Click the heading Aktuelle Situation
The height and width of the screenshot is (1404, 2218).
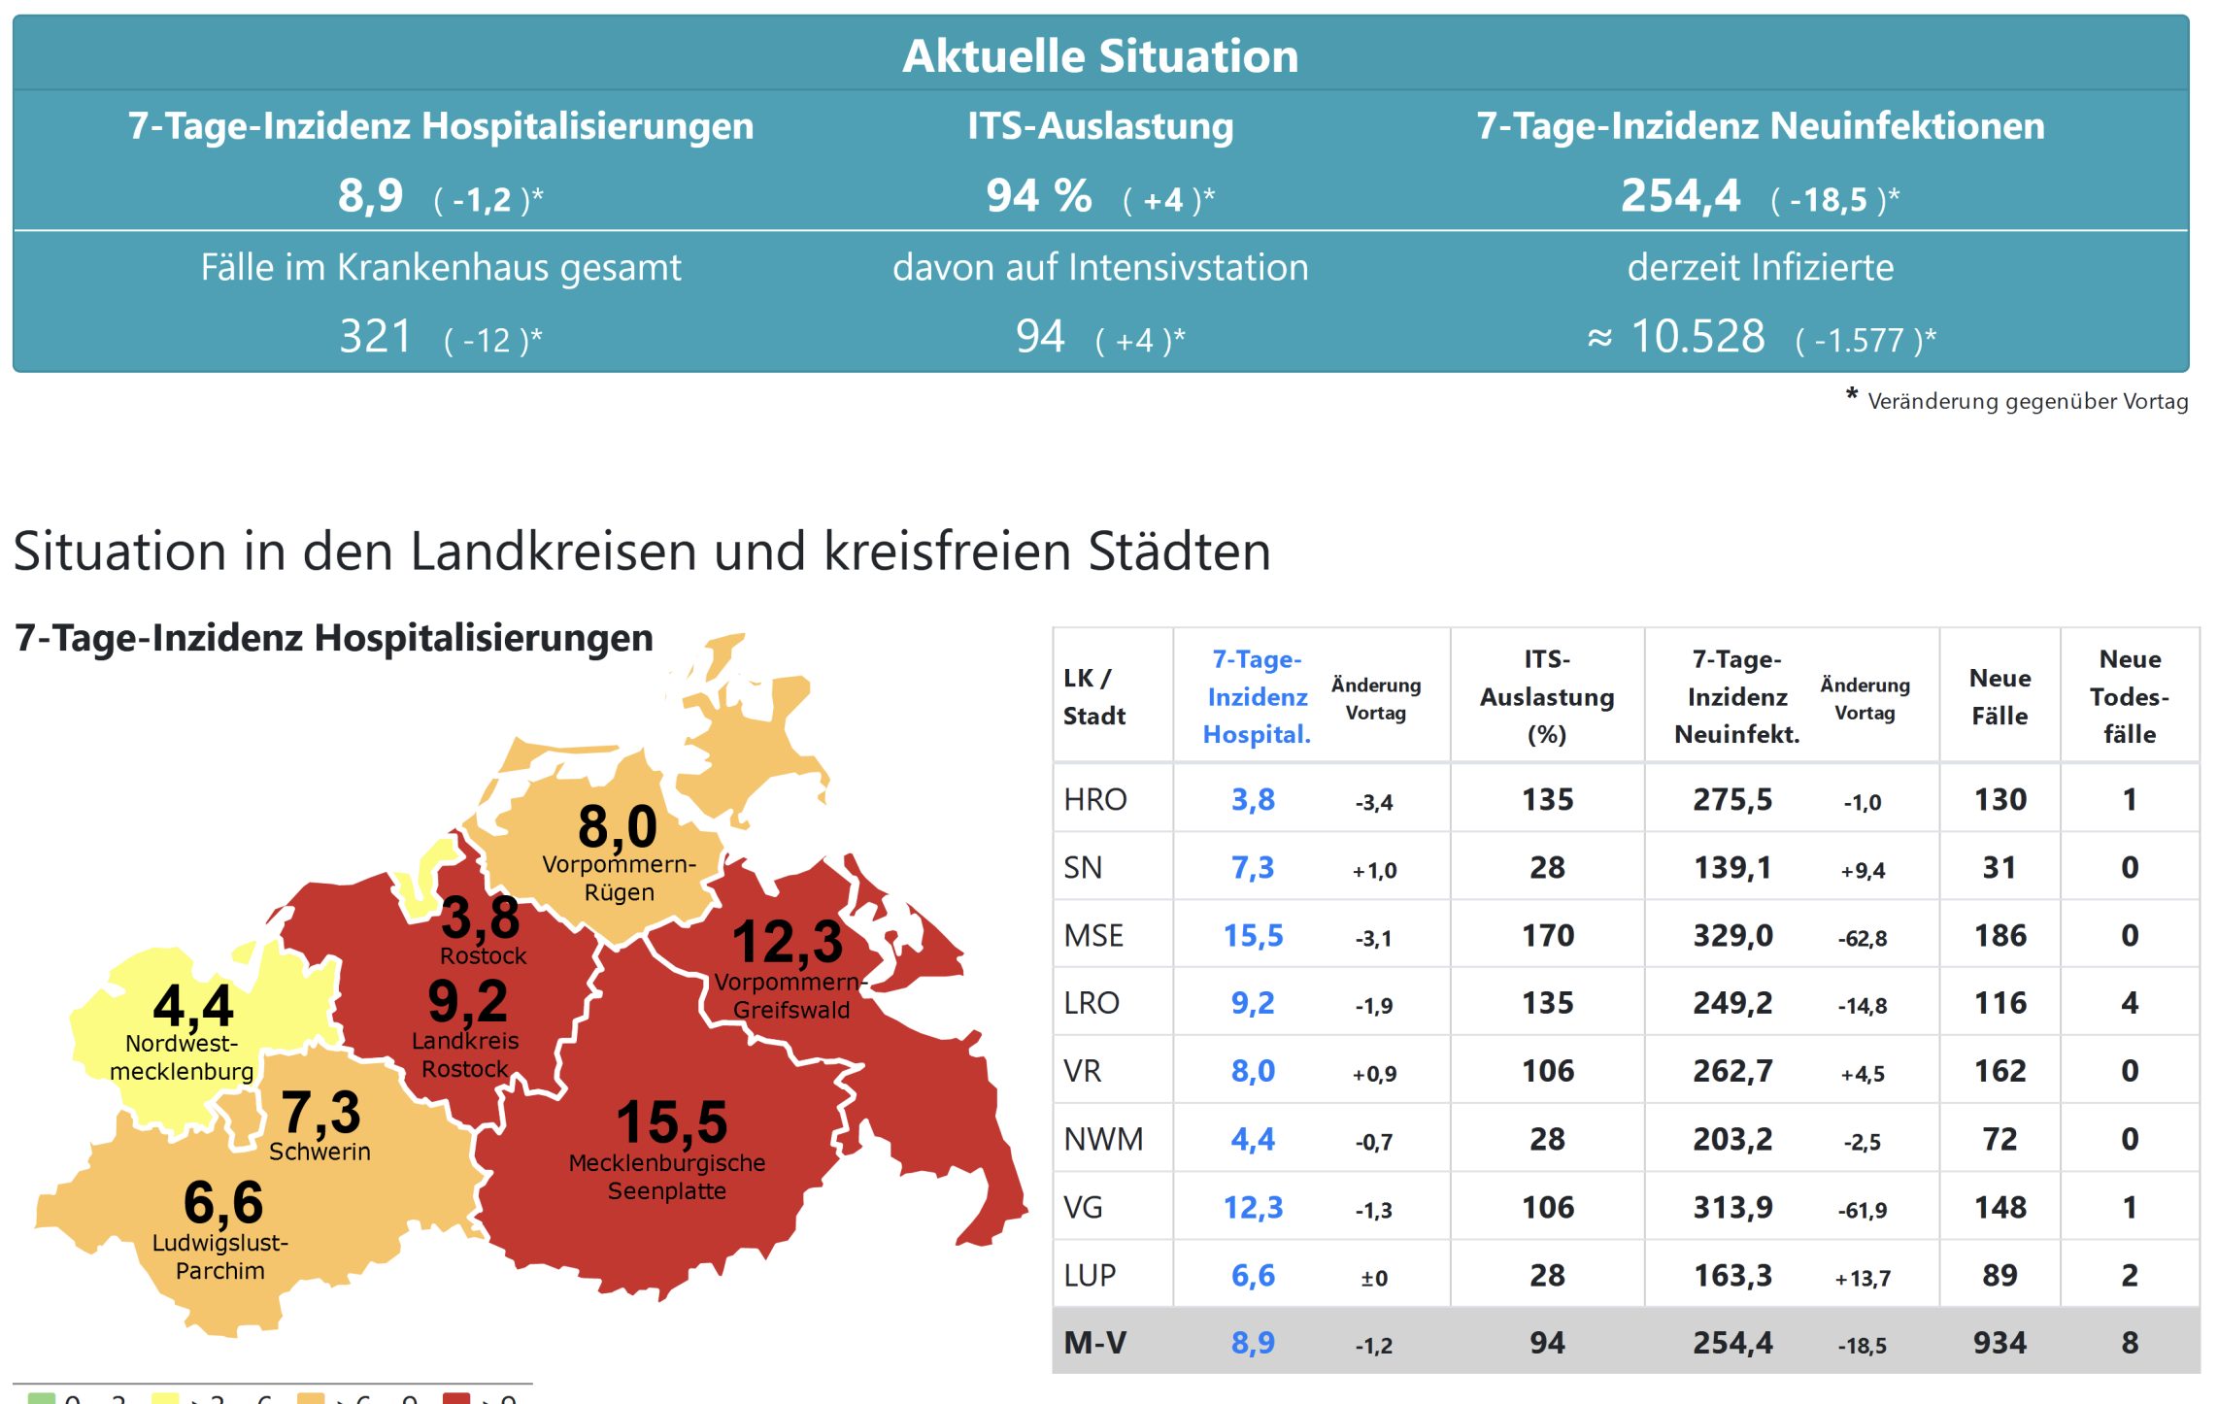[1100, 56]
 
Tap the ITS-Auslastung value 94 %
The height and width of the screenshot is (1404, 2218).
[1039, 196]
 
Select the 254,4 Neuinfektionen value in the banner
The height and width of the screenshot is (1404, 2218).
[1680, 196]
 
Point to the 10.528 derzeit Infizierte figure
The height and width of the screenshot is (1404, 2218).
[1697, 337]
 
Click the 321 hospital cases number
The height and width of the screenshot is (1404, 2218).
[375, 337]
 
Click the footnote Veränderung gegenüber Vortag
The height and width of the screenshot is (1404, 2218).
[2027, 401]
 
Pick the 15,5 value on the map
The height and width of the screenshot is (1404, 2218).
[672, 1122]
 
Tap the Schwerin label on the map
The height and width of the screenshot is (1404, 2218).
[319, 1152]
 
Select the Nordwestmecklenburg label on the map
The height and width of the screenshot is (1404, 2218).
[182, 1057]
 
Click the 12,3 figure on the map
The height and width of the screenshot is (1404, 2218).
[788, 942]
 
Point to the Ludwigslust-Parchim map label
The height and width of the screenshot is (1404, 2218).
[220, 1256]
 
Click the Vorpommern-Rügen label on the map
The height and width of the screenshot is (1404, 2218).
[619, 878]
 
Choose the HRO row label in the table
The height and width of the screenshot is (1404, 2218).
[1095, 799]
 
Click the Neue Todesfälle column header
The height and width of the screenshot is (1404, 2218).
[2129, 696]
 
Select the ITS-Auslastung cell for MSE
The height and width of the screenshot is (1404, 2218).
[1547, 935]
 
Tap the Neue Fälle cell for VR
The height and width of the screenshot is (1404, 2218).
[2000, 1071]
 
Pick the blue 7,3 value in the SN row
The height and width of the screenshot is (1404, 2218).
[1253, 867]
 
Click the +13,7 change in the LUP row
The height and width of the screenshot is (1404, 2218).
[1863, 1278]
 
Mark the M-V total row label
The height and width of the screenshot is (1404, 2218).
[1094, 1343]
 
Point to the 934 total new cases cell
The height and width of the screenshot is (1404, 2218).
[2000, 1343]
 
